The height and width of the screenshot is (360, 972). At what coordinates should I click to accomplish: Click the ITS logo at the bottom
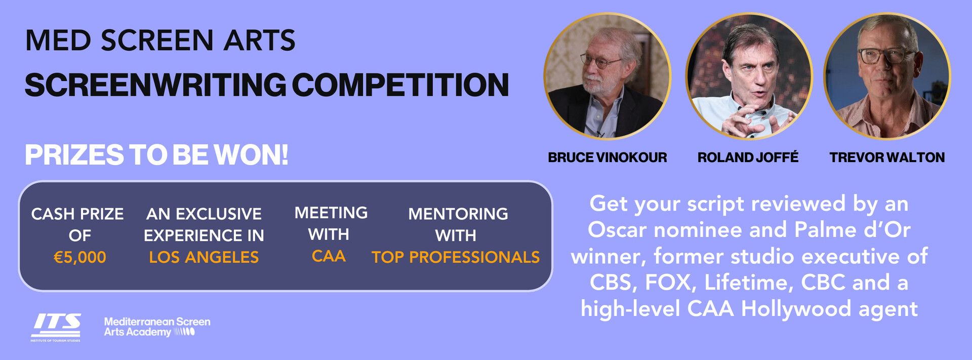[x=56, y=327]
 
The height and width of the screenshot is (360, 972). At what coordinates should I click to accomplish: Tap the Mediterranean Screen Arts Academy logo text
[x=156, y=327]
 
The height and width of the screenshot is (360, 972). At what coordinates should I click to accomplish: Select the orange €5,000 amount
[x=79, y=257]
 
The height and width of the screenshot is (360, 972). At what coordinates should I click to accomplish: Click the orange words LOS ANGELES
[x=204, y=257]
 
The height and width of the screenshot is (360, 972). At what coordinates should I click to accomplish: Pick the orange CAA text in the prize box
[x=329, y=256]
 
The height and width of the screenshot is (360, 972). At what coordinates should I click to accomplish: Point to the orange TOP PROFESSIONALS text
[x=456, y=257]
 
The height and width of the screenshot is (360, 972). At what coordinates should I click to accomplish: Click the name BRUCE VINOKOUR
[x=607, y=157]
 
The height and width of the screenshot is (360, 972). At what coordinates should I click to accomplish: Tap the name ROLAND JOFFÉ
[x=748, y=157]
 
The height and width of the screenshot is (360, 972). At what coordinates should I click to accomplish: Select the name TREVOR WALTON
[x=887, y=157]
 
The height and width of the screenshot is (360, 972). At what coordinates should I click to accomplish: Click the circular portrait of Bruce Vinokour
[x=607, y=76]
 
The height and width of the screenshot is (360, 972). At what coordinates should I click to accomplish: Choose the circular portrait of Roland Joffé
[x=749, y=76]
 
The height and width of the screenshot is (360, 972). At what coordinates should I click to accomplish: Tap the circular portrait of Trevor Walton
[x=887, y=76]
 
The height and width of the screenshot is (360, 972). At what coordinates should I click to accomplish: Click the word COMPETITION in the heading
[x=400, y=85]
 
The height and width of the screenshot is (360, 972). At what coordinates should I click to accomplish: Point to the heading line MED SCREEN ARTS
[x=160, y=41]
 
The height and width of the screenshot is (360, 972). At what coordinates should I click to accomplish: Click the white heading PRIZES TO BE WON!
[x=156, y=155]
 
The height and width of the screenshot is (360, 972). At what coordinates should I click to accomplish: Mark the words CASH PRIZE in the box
[x=77, y=214]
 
